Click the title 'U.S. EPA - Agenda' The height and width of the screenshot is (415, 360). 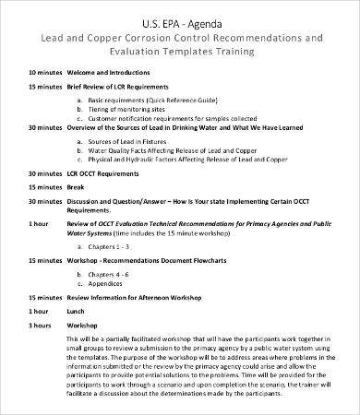click(181, 21)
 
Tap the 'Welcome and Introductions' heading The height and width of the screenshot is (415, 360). click(115, 72)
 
